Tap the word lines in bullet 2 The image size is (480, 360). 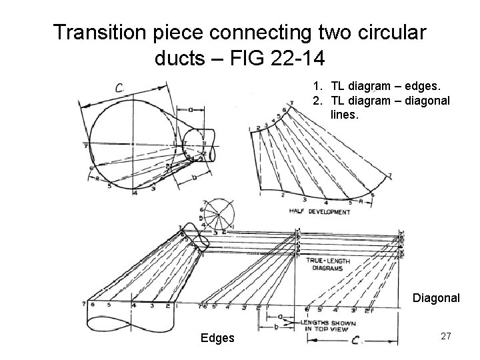click(x=345, y=115)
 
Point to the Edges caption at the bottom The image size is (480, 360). click(x=218, y=338)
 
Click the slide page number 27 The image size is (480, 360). click(x=446, y=337)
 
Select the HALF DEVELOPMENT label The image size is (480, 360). click(x=319, y=212)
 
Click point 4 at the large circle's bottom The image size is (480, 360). click(x=135, y=193)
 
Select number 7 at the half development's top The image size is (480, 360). click(x=292, y=104)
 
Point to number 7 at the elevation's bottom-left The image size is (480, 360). click(x=84, y=305)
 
